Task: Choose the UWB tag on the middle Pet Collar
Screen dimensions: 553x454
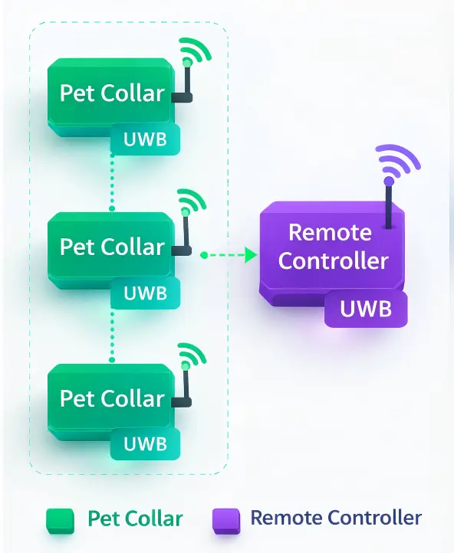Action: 145,293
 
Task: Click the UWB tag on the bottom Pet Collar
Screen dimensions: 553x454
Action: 145,445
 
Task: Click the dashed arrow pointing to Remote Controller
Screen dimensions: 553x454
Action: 229,254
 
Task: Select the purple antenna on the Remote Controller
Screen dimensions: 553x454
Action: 389,203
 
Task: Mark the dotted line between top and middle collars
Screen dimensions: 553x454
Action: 112,182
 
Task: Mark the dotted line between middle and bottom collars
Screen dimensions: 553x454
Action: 112,335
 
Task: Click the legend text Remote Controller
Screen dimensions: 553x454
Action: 336,518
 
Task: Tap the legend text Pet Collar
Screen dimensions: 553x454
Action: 135,519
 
